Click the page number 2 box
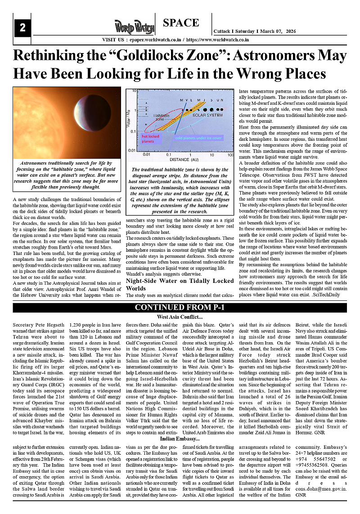(x=22, y=28)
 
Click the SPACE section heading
(x=181, y=23)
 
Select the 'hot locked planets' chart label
(x=150, y=138)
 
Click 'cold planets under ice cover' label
(x=198, y=138)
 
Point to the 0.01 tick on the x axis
(x=147, y=154)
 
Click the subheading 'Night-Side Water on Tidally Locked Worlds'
(x=180, y=285)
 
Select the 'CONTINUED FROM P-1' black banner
(x=180, y=308)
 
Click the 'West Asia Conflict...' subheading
(x=180, y=317)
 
